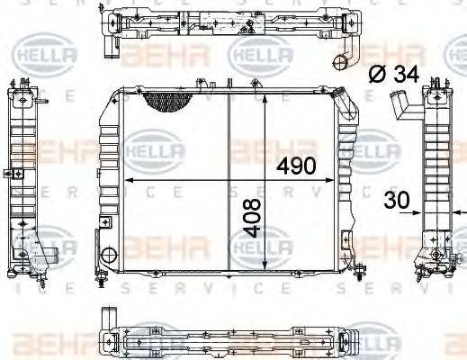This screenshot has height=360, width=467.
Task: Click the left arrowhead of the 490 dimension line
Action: tap(126, 180)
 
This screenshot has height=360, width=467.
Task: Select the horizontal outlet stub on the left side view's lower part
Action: tap(56, 255)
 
